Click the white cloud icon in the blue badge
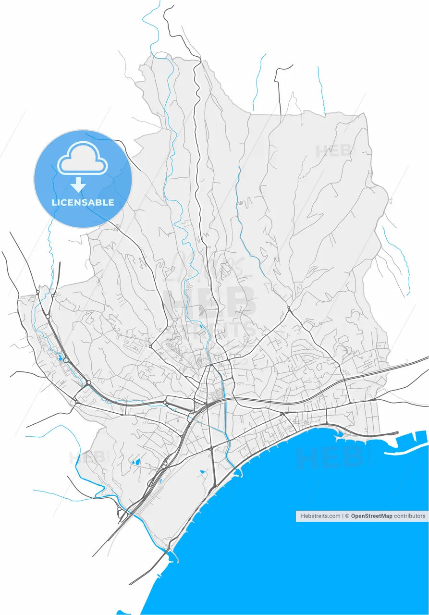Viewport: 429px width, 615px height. [x=82, y=158]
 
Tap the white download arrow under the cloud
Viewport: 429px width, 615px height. [x=78, y=184]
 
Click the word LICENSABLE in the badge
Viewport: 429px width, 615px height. [x=83, y=203]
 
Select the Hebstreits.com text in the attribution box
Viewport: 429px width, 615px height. [x=320, y=516]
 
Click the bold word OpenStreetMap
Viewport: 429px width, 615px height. [x=371, y=516]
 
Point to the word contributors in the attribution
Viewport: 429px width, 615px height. [x=410, y=516]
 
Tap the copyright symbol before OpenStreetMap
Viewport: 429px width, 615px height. [x=347, y=516]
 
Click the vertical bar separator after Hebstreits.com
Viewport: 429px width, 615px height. [x=343, y=516]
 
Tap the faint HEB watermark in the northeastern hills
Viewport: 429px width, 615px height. [x=334, y=150]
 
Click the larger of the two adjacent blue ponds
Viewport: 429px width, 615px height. [x=136, y=462]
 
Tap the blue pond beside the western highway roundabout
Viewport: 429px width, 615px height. [x=60, y=358]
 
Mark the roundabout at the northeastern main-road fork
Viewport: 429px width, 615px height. [x=288, y=308]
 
